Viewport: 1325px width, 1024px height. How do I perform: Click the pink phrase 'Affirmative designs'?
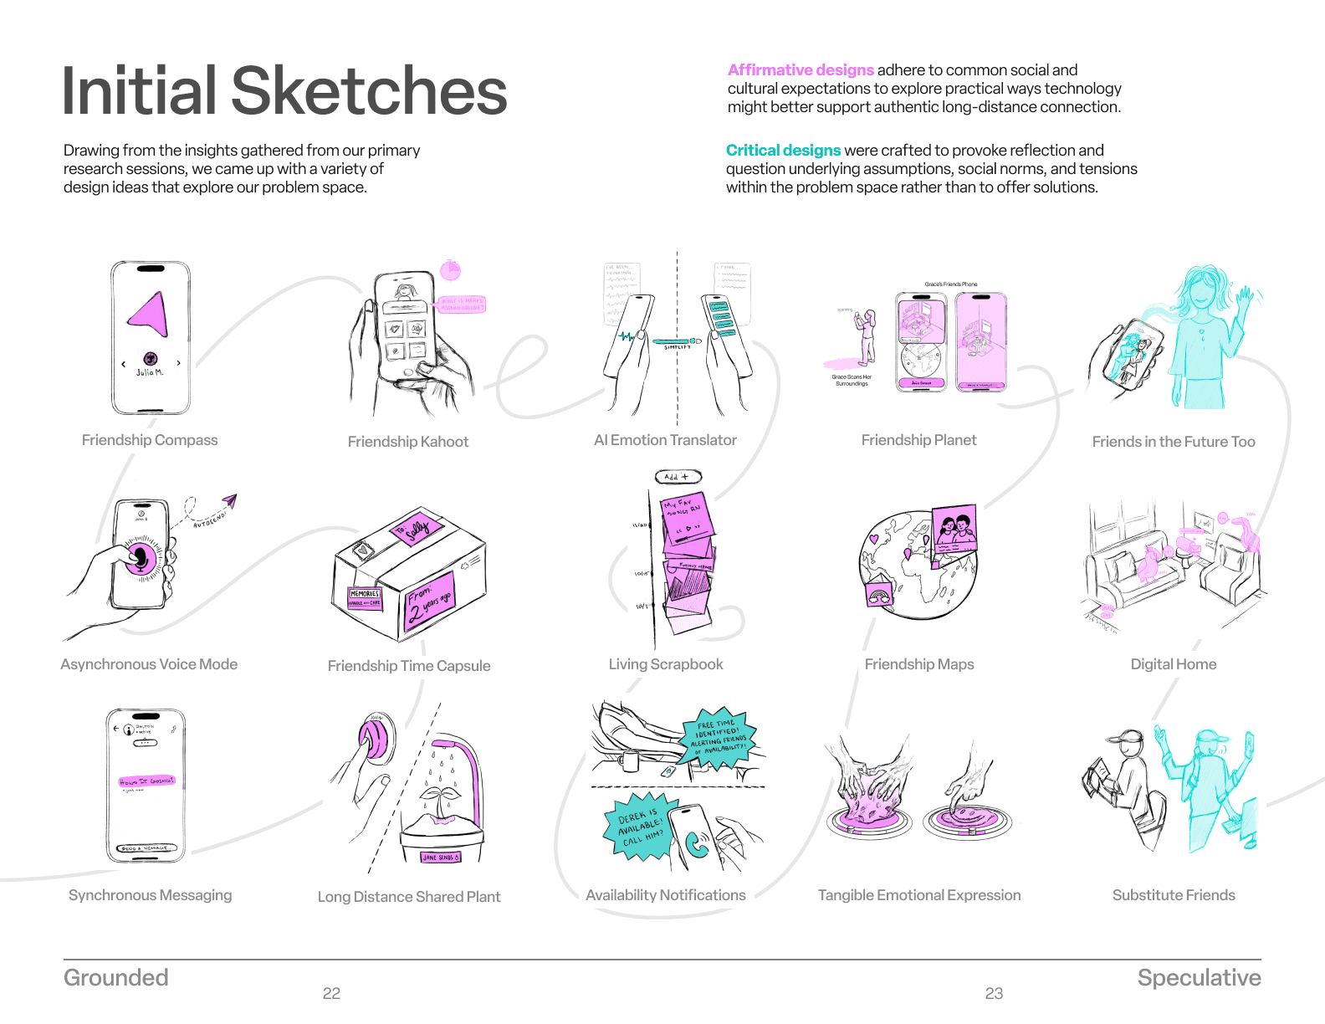click(x=801, y=70)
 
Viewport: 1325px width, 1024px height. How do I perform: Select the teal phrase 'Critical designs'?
click(x=783, y=151)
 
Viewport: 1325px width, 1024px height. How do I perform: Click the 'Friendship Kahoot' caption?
click(x=408, y=442)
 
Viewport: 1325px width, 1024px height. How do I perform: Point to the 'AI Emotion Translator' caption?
click(x=665, y=440)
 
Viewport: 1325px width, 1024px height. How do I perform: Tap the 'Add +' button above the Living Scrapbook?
click(x=677, y=477)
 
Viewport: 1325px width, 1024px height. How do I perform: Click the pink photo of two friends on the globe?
click(x=955, y=529)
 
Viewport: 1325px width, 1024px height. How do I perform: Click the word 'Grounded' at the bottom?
click(x=116, y=978)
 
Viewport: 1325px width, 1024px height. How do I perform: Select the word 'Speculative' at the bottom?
click(x=1199, y=978)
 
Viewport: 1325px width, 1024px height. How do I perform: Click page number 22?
click(x=331, y=994)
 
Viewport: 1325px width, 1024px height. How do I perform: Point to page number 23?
click(x=994, y=994)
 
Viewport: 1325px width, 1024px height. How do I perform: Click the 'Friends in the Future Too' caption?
click(x=1174, y=442)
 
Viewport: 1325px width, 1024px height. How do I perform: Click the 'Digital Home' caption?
click(x=1174, y=664)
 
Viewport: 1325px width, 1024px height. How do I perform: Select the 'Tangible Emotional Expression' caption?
click(x=919, y=895)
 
